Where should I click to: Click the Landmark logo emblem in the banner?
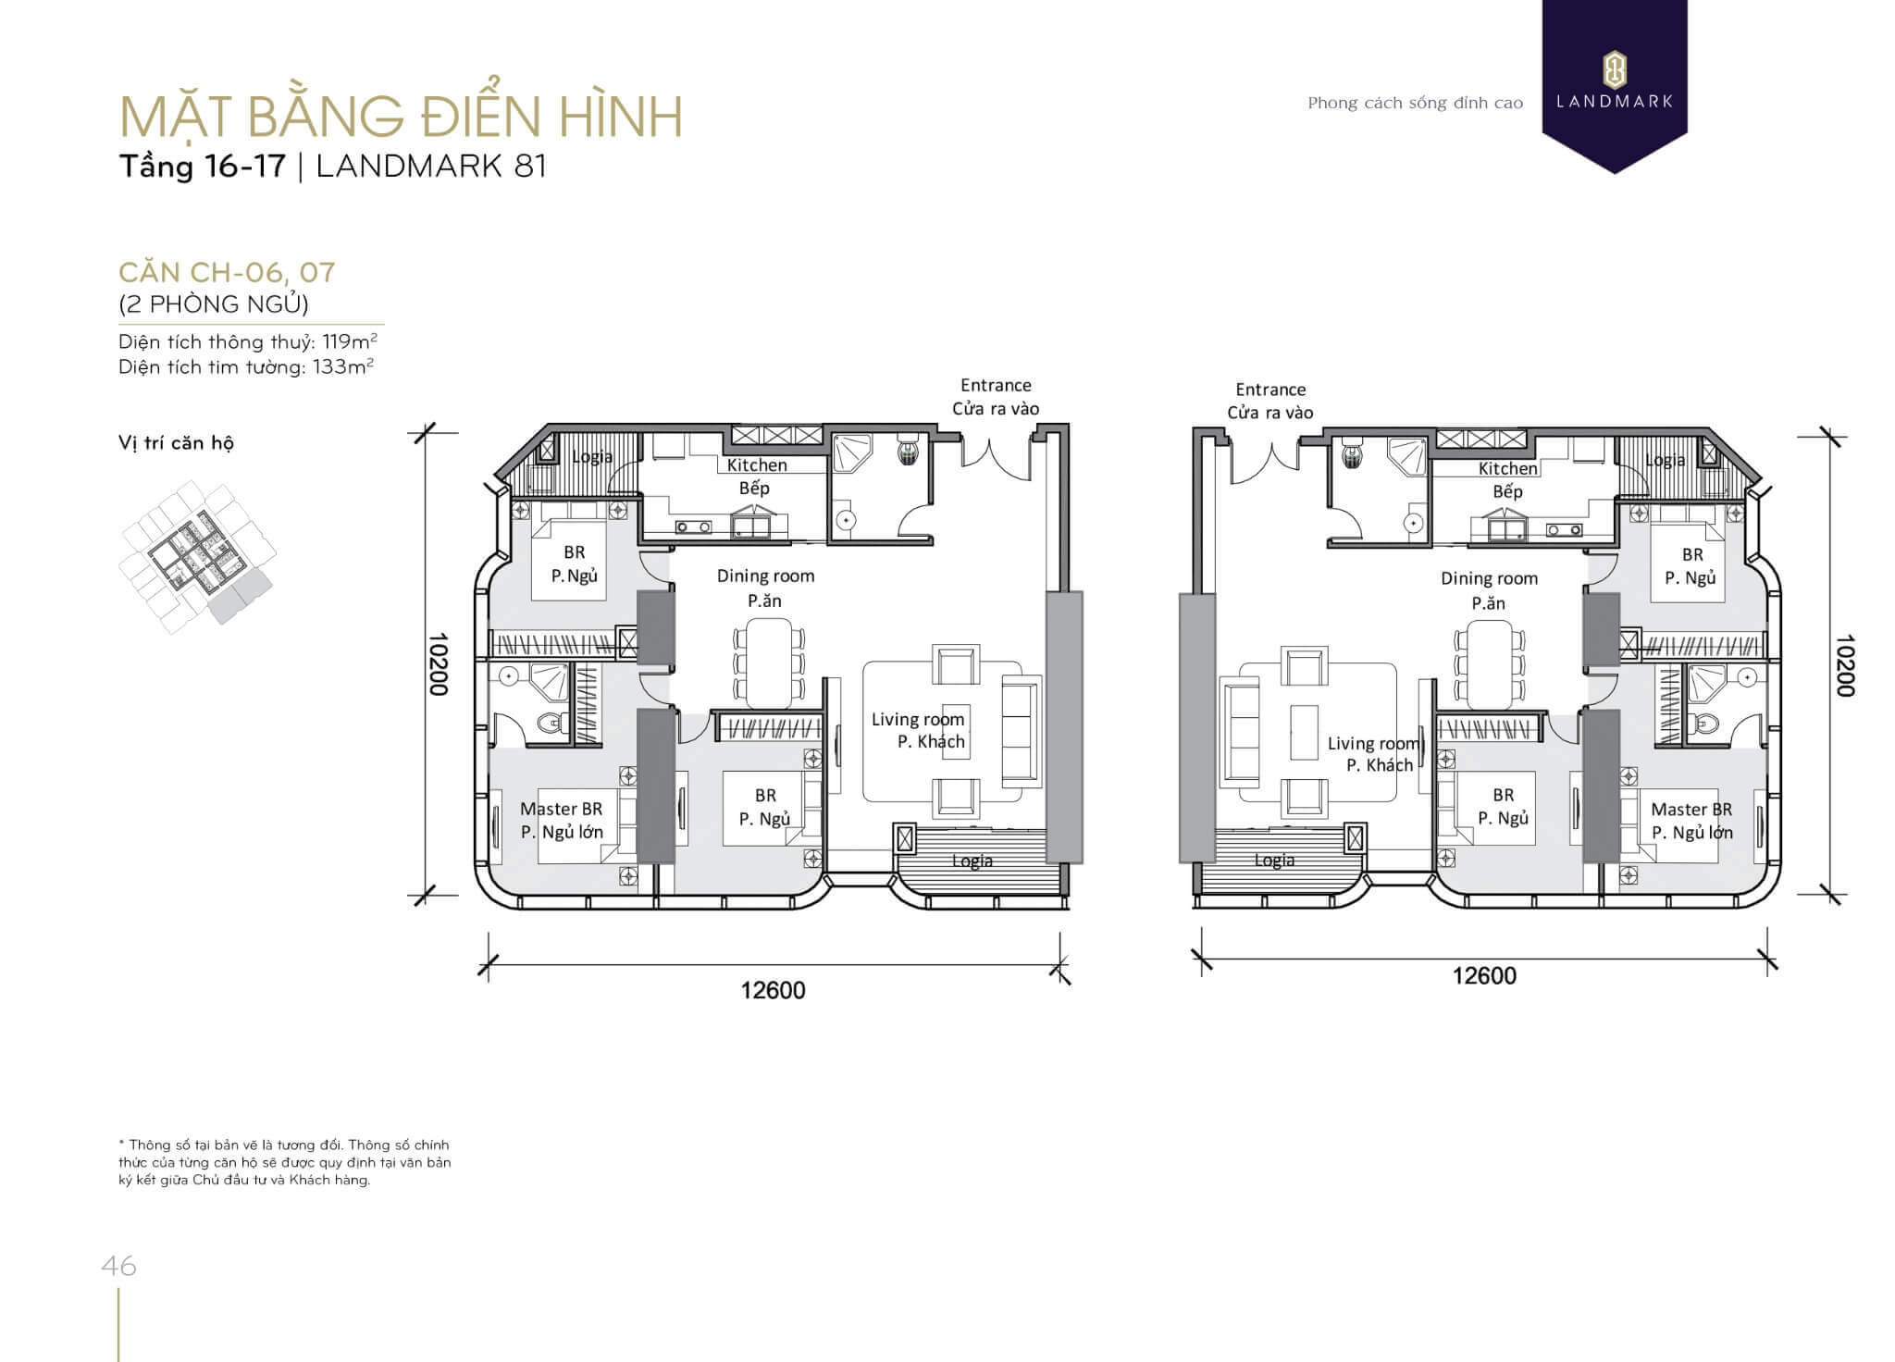[1615, 70]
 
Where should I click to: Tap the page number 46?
[119, 1265]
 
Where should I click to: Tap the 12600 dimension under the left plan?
[773, 991]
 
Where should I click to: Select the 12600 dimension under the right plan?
[1484, 976]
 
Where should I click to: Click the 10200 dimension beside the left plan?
[439, 664]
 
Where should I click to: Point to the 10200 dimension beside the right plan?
[1844, 665]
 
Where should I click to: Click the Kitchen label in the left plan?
[757, 465]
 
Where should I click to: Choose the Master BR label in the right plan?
[1691, 810]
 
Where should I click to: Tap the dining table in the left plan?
[769, 662]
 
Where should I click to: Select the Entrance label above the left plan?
[996, 385]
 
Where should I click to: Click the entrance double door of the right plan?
[1270, 460]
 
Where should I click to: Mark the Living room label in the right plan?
[1373, 743]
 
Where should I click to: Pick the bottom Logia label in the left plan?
[972, 861]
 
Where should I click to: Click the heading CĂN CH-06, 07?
[227, 272]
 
